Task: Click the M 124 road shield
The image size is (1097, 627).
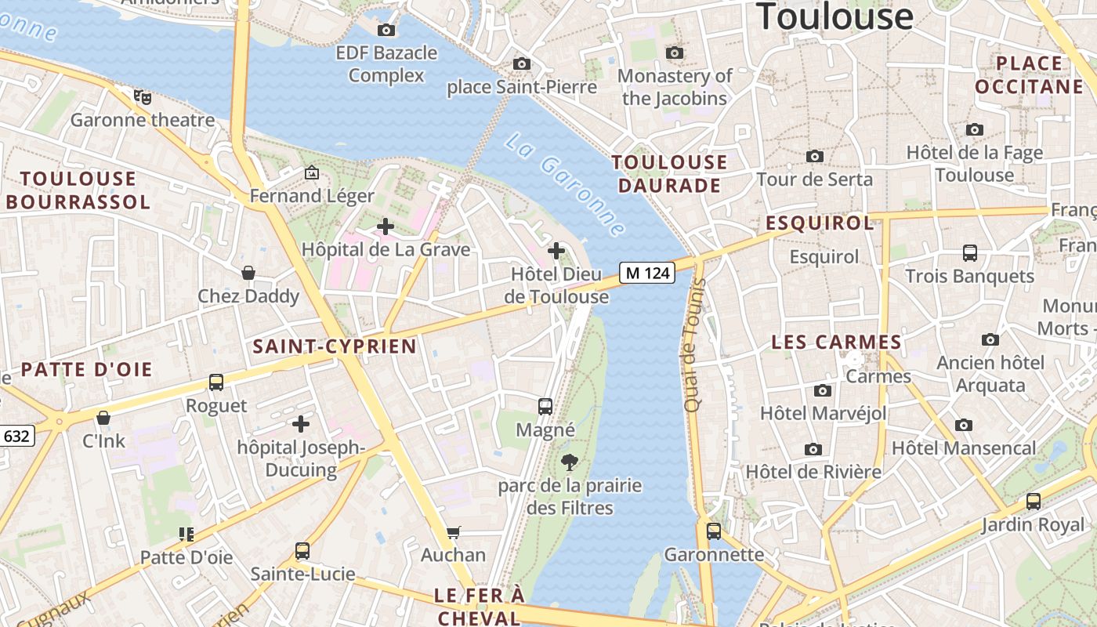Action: (x=647, y=273)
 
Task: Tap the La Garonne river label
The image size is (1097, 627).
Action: (x=565, y=185)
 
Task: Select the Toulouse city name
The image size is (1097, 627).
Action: (x=835, y=16)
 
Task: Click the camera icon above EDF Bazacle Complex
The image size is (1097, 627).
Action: (x=386, y=30)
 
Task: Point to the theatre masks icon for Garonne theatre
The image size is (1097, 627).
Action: (x=142, y=97)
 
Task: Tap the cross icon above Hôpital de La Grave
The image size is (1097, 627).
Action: (x=385, y=227)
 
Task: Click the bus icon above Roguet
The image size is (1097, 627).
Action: (x=216, y=382)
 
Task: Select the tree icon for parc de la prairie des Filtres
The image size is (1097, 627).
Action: (x=570, y=462)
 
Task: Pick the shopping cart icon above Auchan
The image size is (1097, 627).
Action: (x=453, y=533)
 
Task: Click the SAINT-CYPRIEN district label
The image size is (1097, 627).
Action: (x=335, y=346)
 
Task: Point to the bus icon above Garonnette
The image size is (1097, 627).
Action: (x=714, y=531)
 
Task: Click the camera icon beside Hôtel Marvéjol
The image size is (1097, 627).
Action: (x=822, y=390)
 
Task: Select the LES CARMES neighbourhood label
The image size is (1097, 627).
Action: (x=836, y=342)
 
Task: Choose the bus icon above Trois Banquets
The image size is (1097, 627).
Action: (x=970, y=253)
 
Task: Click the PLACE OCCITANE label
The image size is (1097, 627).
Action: (x=1029, y=74)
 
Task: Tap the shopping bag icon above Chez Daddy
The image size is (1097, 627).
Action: (x=248, y=273)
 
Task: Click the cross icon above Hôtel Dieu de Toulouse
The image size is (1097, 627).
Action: (x=556, y=251)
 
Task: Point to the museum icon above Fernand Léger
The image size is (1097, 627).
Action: (x=312, y=172)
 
